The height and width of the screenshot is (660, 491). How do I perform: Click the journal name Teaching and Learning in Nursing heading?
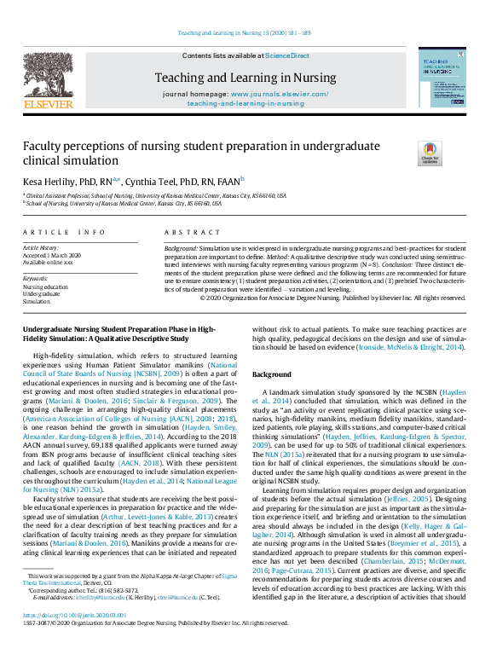click(x=245, y=77)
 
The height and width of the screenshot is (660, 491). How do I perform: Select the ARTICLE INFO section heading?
click(x=64, y=232)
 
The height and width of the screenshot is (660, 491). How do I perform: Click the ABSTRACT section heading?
click(x=192, y=232)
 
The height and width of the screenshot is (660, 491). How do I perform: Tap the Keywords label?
click(x=35, y=278)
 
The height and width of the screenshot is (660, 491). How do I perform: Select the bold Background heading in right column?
click(x=272, y=374)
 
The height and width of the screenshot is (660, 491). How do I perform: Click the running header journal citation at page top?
click(x=245, y=33)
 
